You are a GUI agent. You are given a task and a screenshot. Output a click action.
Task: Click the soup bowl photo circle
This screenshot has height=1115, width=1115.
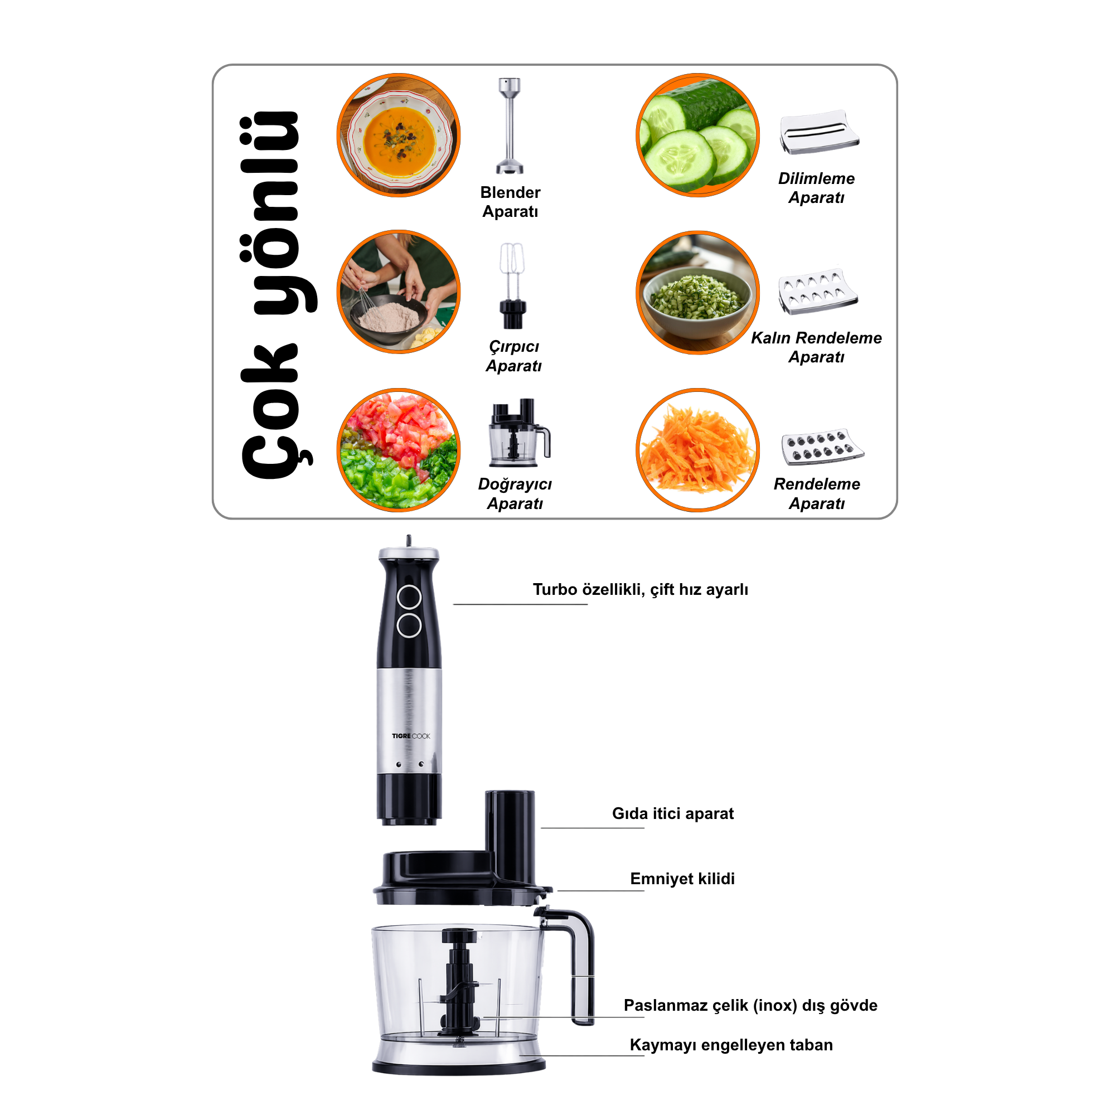pos(398,135)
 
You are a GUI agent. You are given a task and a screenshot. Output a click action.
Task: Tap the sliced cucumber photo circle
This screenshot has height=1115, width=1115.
pos(697,135)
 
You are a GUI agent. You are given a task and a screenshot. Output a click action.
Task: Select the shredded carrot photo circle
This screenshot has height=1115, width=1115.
pos(697,449)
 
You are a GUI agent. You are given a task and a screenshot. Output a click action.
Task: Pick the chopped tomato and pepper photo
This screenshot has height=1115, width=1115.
pos(398,449)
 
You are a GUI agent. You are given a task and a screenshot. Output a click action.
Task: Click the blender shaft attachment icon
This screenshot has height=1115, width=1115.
pos(510,125)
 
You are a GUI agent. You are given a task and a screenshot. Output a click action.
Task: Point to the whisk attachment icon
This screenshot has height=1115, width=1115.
pos(512,285)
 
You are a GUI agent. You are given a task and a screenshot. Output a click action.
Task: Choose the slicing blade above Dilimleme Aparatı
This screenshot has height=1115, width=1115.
pos(818,132)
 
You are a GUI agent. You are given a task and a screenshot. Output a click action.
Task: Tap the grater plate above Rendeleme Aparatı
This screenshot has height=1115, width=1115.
pos(822,446)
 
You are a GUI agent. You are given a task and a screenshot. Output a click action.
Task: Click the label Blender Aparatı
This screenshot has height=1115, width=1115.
pos(510,201)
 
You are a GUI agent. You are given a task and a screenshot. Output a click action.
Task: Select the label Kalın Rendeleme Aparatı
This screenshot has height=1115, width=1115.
pos(816,347)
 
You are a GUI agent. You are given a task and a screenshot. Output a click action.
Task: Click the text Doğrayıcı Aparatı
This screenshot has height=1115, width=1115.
pos(515,493)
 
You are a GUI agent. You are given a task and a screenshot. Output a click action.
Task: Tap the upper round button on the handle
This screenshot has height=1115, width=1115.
pos(409,597)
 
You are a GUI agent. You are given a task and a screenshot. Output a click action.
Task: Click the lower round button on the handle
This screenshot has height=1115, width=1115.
pos(409,624)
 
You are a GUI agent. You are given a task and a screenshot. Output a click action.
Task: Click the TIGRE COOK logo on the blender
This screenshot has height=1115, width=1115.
pos(411,736)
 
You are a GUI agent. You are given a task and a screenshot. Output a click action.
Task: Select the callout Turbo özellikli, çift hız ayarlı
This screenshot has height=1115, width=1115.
pos(640,589)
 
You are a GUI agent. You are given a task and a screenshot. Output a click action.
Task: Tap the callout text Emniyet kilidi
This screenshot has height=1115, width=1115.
pos(682,879)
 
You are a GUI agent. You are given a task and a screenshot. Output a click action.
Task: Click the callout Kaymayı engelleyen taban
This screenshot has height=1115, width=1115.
pos(731,1045)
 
